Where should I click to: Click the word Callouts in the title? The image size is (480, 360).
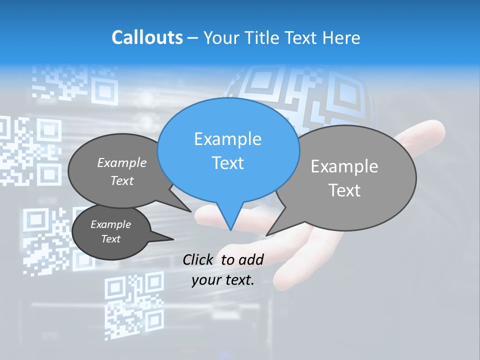click(x=147, y=37)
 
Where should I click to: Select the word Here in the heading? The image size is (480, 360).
click(x=341, y=37)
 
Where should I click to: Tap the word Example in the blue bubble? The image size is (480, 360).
click(x=227, y=139)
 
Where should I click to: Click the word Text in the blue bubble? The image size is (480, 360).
click(x=227, y=163)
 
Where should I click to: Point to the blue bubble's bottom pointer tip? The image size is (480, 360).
click(x=230, y=230)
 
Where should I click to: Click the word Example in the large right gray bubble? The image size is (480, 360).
click(x=344, y=166)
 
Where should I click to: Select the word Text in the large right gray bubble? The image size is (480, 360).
click(x=344, y=190)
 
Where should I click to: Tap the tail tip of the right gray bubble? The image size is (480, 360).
click(x=266, y=235)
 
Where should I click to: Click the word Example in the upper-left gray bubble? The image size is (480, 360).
click(x=122, y=162)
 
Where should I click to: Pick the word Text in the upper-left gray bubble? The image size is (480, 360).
click(x=122, y=180)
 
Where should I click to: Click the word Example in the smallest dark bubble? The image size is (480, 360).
click(x=110, y=224)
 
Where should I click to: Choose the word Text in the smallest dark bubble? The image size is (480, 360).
click(x=110, y=239)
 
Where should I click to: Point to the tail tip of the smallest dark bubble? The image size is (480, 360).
click(x=173, y=239)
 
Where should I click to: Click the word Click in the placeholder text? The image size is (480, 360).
click(x=197, y=259)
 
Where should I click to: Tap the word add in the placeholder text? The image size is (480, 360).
click(x=251, y=259)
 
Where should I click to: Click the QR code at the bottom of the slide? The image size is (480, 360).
click(x=134, y=305)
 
